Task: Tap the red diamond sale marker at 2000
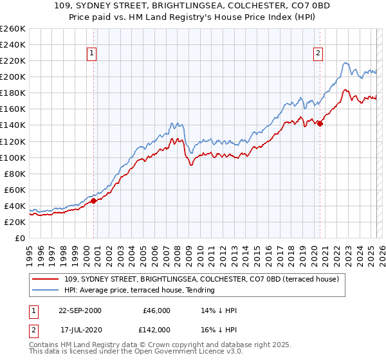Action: [x=94, y=201]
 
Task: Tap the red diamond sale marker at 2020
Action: [x=320, y=123]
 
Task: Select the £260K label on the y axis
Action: [x=13, y=29]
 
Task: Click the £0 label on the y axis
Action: [x=19, y=238]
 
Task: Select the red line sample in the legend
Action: [x=46, y=278]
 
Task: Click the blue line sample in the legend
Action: [x=46, y=290]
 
